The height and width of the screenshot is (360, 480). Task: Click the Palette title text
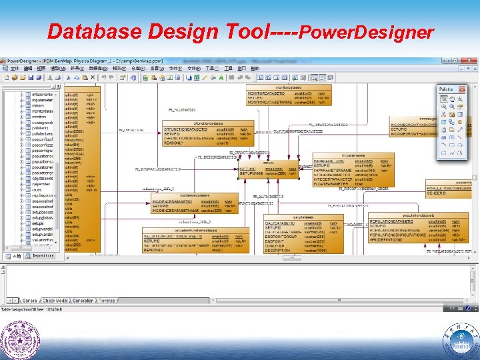point(446,89)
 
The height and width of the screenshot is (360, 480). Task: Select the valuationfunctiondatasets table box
point(197,240)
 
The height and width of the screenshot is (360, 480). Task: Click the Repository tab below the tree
point(43,255)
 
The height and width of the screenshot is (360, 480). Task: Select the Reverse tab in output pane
point(107,300)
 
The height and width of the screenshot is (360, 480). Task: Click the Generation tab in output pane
point(83,300)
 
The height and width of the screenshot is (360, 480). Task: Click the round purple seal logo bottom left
point(19,341)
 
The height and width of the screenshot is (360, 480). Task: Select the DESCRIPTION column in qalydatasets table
point(278,251)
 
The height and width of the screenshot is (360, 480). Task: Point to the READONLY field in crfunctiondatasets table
point(175,143)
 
